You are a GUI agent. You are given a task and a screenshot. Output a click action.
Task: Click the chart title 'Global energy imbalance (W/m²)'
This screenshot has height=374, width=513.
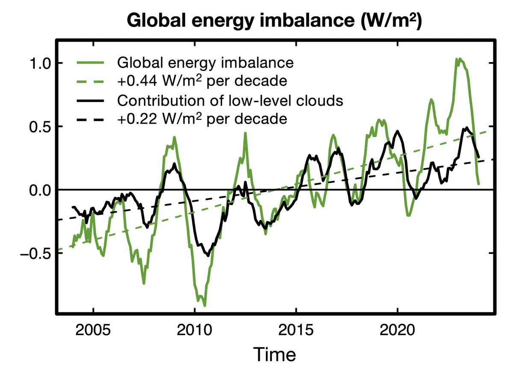(x=274, y=21)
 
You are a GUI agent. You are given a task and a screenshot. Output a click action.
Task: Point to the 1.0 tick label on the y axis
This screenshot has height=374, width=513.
(x=40, y=63)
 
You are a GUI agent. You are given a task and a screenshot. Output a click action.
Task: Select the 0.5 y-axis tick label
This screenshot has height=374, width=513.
(x=40, y=127)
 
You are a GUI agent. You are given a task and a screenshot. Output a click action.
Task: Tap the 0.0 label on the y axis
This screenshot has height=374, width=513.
(x=40, y=190)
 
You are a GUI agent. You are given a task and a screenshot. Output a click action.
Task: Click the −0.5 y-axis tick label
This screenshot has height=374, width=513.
(x=35, y=254)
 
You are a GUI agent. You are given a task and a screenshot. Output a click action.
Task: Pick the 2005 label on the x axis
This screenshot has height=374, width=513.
(x=93, y=330)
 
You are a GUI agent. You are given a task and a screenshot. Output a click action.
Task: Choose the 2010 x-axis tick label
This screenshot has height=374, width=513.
(x=195, y=330)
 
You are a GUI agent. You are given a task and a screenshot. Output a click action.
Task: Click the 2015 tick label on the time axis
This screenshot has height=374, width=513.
(x=296, y=330)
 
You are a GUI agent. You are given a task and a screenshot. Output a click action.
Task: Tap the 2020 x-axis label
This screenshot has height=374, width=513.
(x=397, y=330)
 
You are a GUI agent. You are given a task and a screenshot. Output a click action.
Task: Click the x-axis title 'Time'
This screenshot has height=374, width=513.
(x=274, y=354)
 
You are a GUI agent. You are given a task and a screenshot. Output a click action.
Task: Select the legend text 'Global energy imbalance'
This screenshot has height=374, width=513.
(x=205, y=63)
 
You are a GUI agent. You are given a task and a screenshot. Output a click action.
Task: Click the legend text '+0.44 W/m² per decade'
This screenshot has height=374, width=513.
(x=202, y=81)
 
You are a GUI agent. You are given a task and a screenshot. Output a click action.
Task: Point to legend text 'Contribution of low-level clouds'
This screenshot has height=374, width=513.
(x=230, y=101)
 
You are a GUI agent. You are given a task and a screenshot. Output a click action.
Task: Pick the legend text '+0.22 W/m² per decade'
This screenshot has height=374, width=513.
(x=202, y=119)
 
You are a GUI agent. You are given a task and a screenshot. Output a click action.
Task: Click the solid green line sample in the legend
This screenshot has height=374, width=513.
(x=90, y=62)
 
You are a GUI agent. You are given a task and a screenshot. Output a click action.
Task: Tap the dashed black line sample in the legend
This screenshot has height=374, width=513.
(x=90, y=119)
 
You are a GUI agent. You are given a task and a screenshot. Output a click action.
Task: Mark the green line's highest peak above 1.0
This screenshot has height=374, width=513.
(x=460, y=59)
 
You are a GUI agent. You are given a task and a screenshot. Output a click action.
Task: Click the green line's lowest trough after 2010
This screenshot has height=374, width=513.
(x=204, y=306)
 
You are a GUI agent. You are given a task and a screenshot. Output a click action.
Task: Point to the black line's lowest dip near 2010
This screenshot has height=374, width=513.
(x=208, y=256)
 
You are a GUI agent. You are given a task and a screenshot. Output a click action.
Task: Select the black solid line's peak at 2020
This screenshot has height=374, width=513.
(x=398, y=131)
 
